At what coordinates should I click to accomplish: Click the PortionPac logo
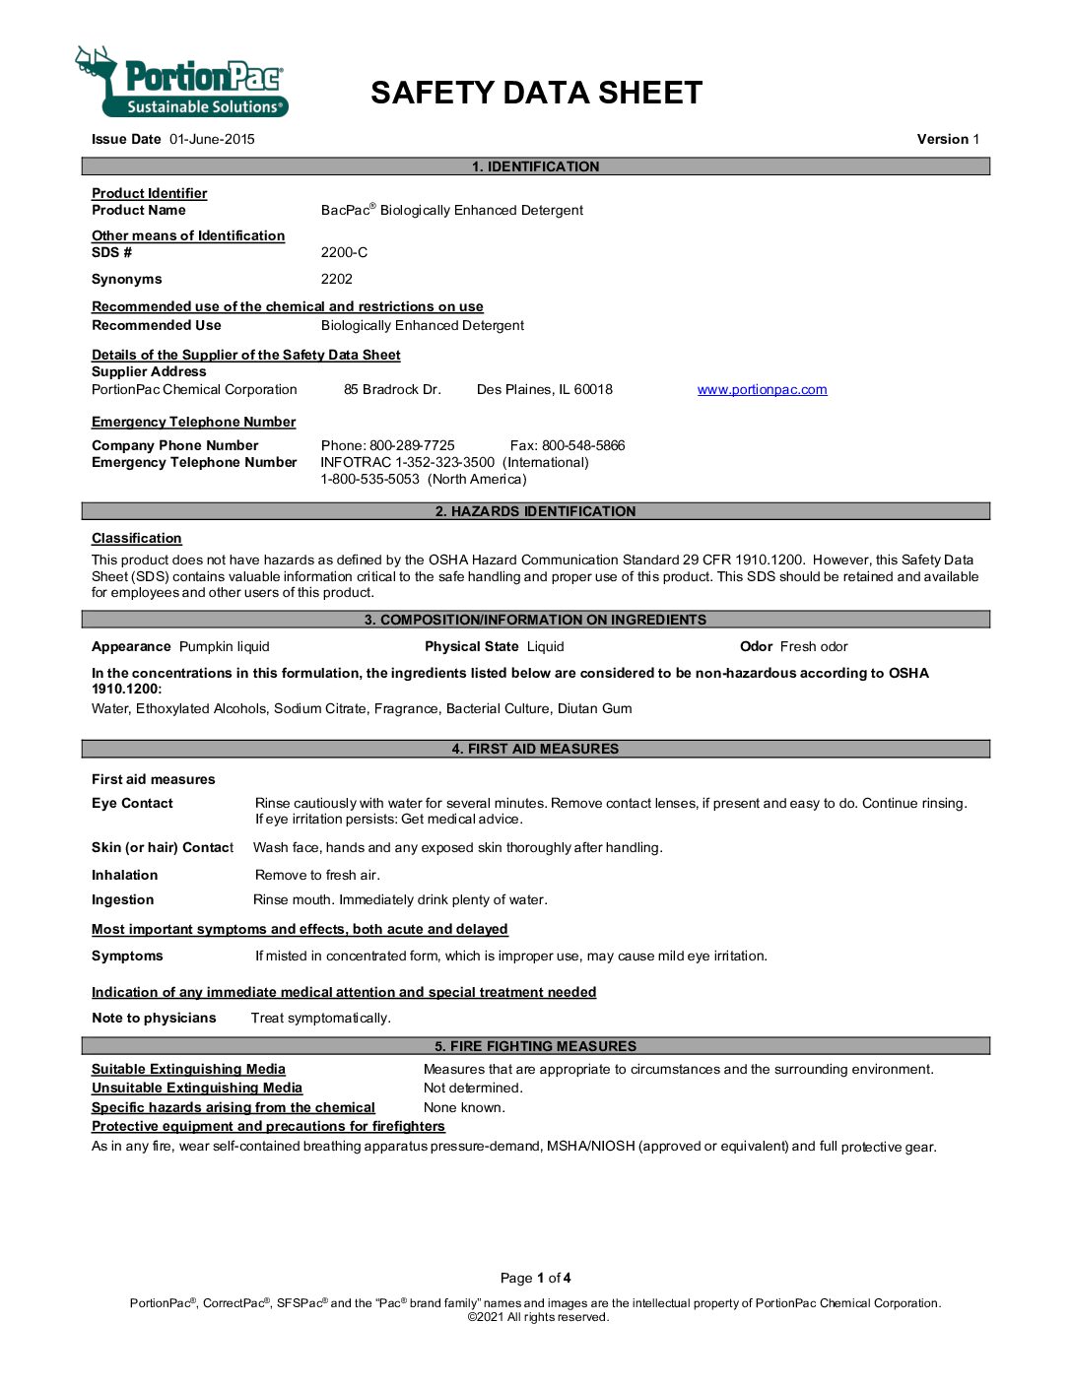(183, 83)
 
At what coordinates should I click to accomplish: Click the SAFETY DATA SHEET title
(536, 93)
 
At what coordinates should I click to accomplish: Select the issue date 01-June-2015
(212, 139)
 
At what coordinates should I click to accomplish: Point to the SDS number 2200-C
(344, 252)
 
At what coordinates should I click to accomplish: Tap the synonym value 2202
(336, 279)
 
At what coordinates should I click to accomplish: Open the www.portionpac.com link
(762, 389)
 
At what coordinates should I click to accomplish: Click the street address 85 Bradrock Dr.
(392, 389)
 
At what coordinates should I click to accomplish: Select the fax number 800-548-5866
(583, 445)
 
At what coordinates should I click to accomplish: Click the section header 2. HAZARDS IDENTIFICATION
(535, 511)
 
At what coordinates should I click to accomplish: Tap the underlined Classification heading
(137, 538)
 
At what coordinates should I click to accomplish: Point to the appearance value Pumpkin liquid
(224, 646)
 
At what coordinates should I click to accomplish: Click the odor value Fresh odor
(814, 646)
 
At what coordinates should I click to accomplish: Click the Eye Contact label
(132, 803)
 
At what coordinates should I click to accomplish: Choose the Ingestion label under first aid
(122, 899)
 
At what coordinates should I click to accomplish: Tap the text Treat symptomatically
(320, 1018)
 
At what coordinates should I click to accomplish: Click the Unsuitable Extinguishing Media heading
(197, 1088)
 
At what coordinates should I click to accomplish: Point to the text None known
(464, 1107)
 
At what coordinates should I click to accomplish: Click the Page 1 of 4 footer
(535, 1278)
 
